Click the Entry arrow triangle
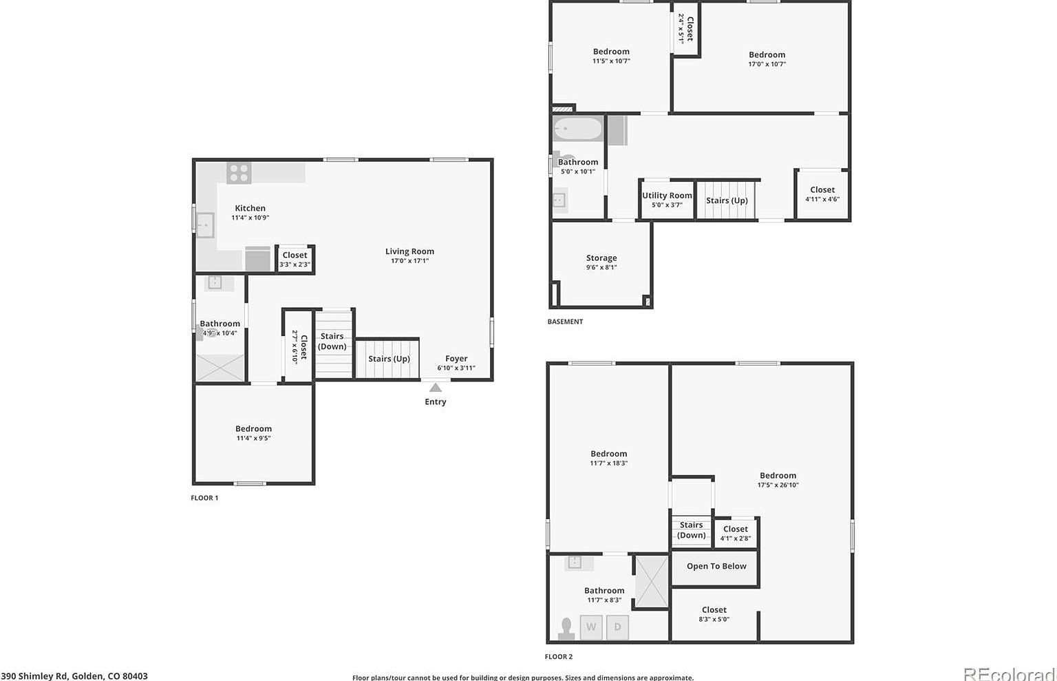436,388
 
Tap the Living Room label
409,251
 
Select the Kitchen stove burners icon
239,172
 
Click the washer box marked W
591,627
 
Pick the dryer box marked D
617,627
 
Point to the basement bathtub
578,129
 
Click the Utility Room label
667,196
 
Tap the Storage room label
601,258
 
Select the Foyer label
456,359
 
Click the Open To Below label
716,566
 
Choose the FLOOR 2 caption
559,657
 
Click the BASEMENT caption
565,322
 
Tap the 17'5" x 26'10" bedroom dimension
778,485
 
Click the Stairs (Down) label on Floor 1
332,342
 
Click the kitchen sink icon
205,225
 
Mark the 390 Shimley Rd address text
74,676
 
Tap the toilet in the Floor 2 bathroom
566,628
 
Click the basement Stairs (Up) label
727,200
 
